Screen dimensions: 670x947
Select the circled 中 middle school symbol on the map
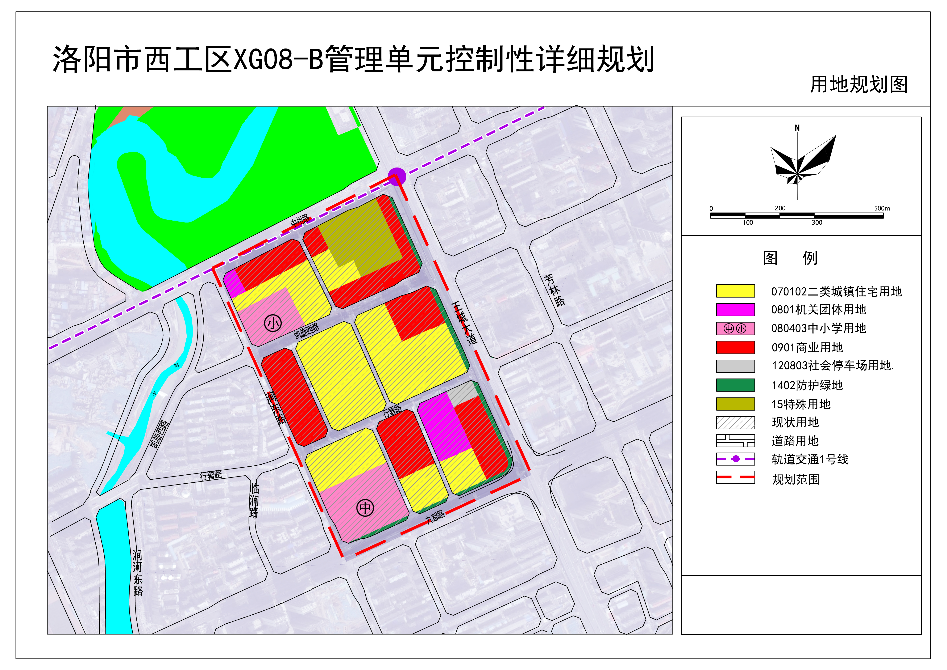click(365, 508)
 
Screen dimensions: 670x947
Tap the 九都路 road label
click(436, 516)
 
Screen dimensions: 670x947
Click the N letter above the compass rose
click(797, 128)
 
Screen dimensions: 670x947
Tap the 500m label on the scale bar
click(882, 209)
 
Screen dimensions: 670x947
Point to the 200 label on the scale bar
click(780, 208)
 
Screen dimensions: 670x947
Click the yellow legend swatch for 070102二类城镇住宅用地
click(735, 291)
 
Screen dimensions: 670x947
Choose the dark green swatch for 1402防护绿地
click(735, 385)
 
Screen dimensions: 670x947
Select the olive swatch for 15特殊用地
click(735, 404)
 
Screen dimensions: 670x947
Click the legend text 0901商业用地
click(807, 348)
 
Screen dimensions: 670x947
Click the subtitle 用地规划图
click(859, 85)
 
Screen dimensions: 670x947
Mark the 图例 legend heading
click(790, 258)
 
